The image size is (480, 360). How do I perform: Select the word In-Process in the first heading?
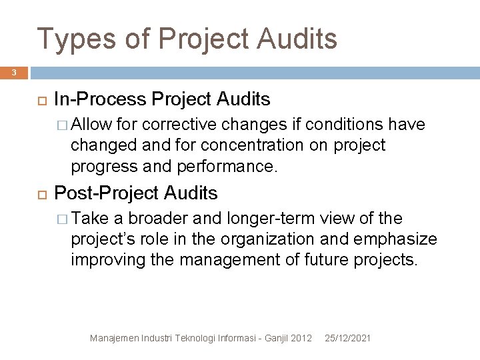pos(100,100)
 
